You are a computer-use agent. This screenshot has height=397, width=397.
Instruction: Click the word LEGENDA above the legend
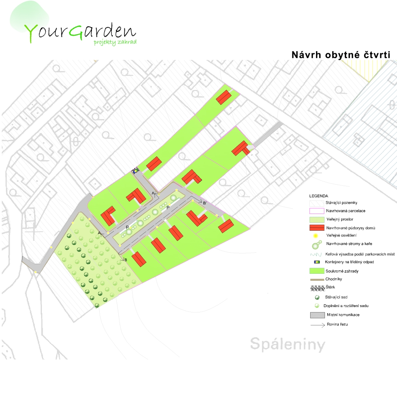318,196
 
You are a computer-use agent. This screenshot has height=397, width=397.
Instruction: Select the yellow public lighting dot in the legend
316,235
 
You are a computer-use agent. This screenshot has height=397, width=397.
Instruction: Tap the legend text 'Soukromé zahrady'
342,271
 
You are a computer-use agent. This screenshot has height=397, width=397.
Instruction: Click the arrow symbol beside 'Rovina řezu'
317,325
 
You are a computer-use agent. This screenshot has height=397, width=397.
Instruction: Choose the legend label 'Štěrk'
331,288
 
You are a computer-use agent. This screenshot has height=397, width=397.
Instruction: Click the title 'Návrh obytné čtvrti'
340,55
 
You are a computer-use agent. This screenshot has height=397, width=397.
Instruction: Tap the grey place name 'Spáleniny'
287,344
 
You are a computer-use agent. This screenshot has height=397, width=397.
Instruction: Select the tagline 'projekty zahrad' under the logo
115,42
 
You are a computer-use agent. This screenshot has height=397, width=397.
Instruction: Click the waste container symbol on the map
135,170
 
